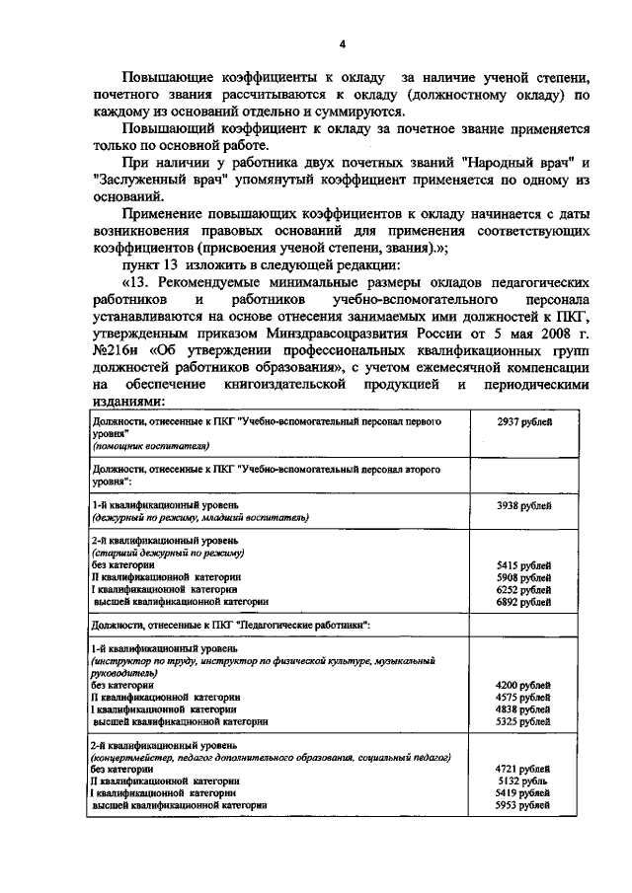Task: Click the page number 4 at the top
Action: point(342,43)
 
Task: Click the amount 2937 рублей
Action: point(523,422)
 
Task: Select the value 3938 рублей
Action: point(523,505)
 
